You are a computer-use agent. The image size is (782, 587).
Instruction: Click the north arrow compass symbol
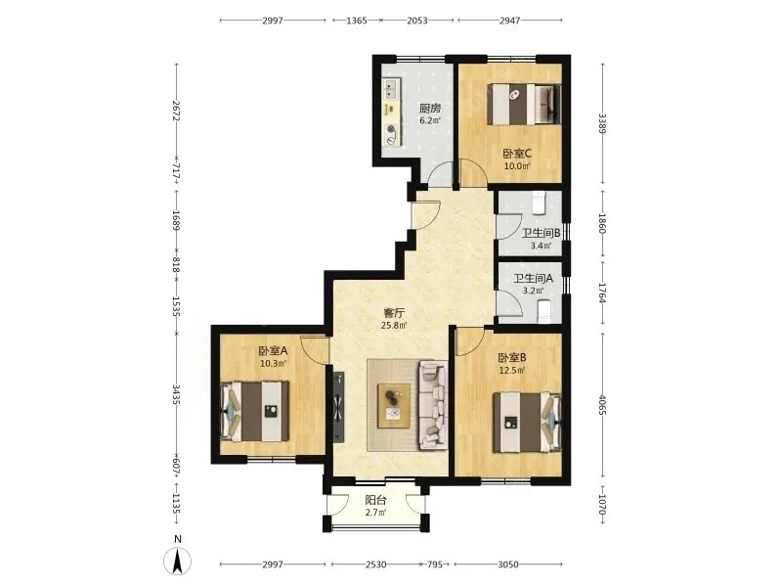178,560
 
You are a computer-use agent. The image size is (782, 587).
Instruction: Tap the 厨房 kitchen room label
430,108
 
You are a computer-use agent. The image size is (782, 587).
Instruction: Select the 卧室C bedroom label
517,154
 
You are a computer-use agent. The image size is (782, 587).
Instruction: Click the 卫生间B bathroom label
542,233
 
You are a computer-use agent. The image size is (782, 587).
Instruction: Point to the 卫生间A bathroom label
533,279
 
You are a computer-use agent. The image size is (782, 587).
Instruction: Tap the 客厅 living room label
394,313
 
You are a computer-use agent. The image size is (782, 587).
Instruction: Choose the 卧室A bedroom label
273,351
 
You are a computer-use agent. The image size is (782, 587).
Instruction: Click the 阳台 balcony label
375,500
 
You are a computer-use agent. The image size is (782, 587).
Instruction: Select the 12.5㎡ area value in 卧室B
512,371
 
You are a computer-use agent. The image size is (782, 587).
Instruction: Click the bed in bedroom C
524,104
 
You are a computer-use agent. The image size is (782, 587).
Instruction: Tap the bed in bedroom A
255,411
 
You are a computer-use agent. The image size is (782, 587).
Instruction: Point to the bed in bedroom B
527,423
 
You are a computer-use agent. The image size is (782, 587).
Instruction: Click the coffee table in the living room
394,406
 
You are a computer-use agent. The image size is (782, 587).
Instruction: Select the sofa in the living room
432,405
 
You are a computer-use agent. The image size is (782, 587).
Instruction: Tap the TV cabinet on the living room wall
339,407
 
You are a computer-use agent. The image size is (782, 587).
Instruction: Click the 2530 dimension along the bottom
375,564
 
